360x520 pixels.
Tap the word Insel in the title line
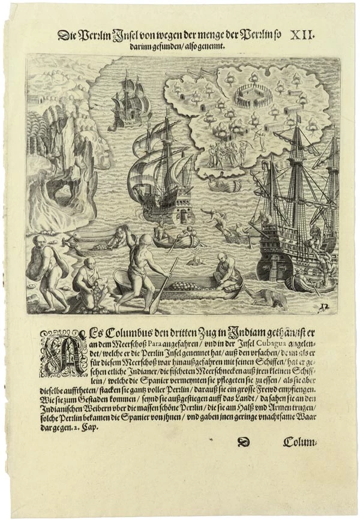(129, 36)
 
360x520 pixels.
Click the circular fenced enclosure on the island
(247, 94)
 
